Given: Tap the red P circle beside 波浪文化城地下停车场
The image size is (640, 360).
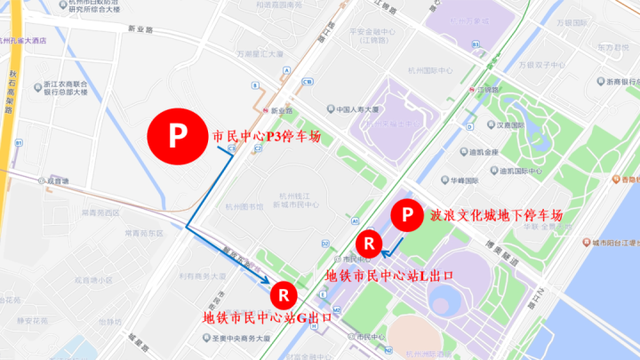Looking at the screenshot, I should coord(407,215).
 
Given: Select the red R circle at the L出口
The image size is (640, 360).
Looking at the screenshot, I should coord(368,242).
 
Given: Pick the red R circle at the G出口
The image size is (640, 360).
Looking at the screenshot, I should coord(283,292).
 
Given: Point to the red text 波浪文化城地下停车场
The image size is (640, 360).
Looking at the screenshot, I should coord(496,215).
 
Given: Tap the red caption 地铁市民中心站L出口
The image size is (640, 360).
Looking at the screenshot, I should coord(390,275).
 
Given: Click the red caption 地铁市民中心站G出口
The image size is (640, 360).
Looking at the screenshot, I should coord(268,317).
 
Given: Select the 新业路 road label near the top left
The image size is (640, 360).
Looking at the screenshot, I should coord(140,29).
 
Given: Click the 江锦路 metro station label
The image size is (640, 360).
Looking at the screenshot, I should coord(485,90).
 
